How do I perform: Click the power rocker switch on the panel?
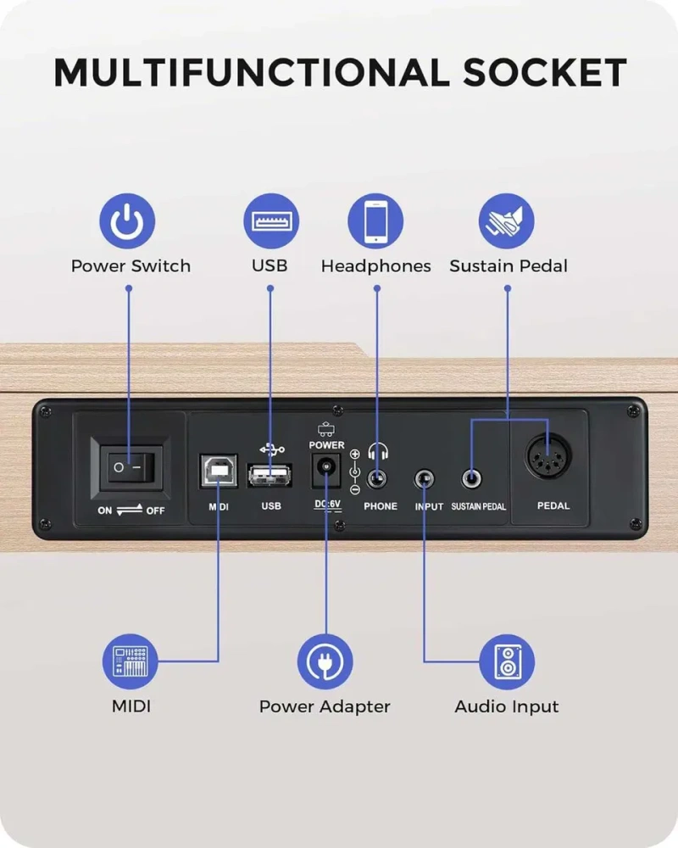tap(131, 467)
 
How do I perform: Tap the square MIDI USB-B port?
tap(219, 471)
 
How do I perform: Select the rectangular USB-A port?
tap(270, 476)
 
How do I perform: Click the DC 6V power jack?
tap(326, 470)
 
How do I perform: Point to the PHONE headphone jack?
tap(376, 479)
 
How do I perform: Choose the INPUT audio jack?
tap(425, 479)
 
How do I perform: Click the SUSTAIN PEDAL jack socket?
tap(471, 478)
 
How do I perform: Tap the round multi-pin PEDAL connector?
tap(548, 456)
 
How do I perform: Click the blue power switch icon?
tap(127, 221)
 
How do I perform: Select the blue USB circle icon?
tap(271, 221)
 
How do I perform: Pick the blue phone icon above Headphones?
tap(375, 221)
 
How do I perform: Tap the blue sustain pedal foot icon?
tap(507, 221)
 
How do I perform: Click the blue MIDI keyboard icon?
tap(131, 662)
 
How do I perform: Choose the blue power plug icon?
tap(325, 662)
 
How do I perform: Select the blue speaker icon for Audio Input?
tap(507, 662)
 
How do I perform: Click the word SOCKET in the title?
tap(544, 72)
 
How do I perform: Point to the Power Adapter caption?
tap(325, 706)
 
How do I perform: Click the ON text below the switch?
tap(105, 510)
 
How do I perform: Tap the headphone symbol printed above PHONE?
tap(378, 451)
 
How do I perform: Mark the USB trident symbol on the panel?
tap(272, 449)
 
